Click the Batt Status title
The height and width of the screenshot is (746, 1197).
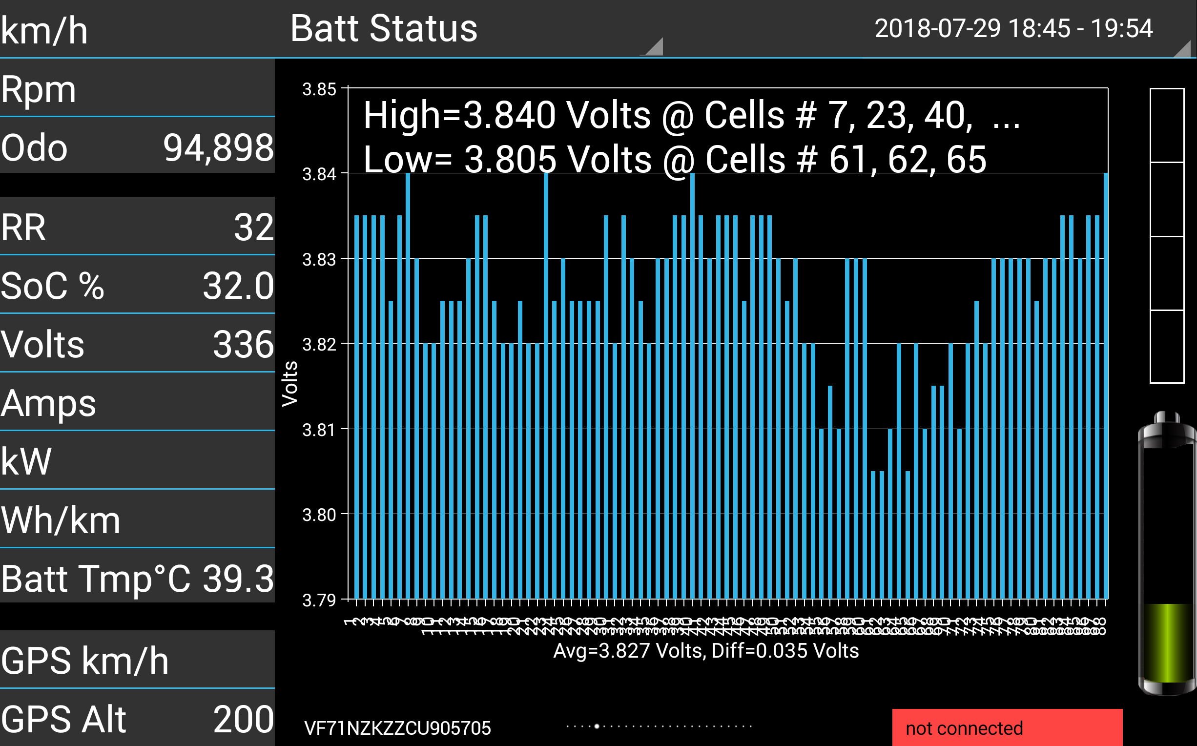pyautogui.click(x=384, y=29)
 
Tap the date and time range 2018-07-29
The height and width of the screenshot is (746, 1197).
pyautogui.click(x=1013, y=29)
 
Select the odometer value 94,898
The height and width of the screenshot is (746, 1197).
pyautogui.click(x=218, y=147)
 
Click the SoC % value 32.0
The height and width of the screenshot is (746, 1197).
pyautogui.click(x=238, y=286)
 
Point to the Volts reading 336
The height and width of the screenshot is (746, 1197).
pyautogui.click(x=243, y=344)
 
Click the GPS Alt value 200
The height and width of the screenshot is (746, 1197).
pyautogui.click(x=243, y=719)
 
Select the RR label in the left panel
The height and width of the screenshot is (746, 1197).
pyautogui.click(x=23, y=228)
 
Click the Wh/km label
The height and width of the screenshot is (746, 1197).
pyautogui.click(x=61, y=520)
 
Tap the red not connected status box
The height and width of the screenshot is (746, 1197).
pyautogui.click(x=1007, y=728)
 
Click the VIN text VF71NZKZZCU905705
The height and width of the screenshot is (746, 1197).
pyautogui.click(x=397, y=728)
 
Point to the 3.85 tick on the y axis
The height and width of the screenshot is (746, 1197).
pyautogui.click(x=319, y=89)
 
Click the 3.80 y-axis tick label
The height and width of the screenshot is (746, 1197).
pyautogui.click(x=319, y=515)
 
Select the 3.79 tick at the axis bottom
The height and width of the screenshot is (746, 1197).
pyautogui.click(x=319, y=600)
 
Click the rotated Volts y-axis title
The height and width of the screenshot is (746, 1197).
pyautogui.click(x=290, y=384)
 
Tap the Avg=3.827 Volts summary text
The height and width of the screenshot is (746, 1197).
pyautogui.click(x=706, y=651)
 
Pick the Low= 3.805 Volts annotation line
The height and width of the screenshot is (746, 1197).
pyautogui.click(x=675, y=159)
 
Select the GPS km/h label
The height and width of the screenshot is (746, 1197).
pyautogui.click(x=85, y=661)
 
